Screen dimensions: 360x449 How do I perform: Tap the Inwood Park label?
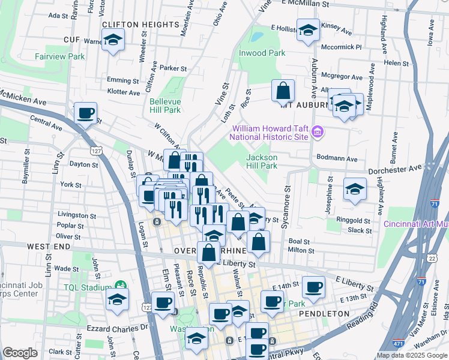(x=262, y=53)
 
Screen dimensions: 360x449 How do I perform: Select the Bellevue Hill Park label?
(x=164, y=106)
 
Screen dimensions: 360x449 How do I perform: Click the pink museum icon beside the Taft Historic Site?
(x=318, y=132)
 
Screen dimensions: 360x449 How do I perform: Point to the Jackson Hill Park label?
(x=262, y=161)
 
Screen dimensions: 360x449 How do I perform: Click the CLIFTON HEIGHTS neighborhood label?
(x=141, y=25)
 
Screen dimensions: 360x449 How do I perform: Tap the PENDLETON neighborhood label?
(x=327, y=314)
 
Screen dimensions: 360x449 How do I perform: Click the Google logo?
(x=20, y=353)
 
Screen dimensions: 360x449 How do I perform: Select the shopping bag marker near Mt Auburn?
(x=283, y=92)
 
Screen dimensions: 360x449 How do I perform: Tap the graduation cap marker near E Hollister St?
(x=308, y=32)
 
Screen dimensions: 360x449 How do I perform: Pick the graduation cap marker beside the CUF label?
(x=113, y=42)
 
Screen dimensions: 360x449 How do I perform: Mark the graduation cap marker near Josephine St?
(x=355, y=190)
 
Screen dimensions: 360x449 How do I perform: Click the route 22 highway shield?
(x=432, y=258)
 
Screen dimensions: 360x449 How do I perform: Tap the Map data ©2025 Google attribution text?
(x=412, y=355)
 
